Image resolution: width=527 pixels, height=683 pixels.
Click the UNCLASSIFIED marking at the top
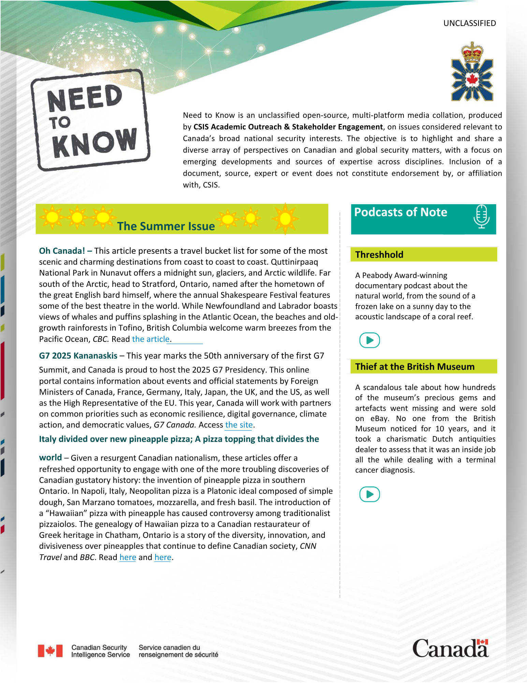[x=469, y=23]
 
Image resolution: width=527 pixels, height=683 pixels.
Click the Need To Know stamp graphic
[x=90, y=120]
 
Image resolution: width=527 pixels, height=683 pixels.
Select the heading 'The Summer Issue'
[x=166, y=226]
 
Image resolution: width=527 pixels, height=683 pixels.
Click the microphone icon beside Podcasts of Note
[x=481, y=217]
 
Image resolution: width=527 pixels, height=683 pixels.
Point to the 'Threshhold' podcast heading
[x=379, y=255]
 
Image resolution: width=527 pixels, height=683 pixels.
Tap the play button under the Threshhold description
[x=369, y=340]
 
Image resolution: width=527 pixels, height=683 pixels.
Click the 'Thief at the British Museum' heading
[x=414, y=367]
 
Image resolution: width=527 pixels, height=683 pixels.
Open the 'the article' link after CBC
[x=150, y=339]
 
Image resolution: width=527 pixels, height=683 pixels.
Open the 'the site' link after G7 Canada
[x=239, y=425]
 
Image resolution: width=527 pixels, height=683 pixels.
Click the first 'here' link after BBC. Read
[x=128, y=557]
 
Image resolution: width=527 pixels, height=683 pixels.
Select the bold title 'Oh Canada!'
[x=62, y=251]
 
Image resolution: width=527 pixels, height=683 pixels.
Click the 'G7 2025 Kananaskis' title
[x=78, y=356]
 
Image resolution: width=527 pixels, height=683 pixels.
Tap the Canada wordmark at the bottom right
[x=450, y=649]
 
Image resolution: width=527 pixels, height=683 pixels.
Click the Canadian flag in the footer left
[x=50, y=651]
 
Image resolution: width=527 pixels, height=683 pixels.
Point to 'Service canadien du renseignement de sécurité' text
[x=178, y=651]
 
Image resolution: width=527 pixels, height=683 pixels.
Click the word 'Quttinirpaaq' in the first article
[x=294, y=262]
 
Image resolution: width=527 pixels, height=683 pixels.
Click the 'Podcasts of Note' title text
[x=400, y=212]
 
